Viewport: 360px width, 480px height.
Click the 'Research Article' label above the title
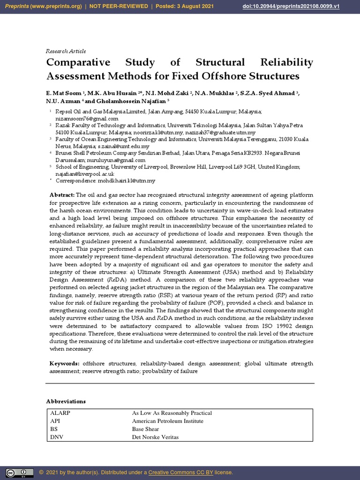point(66,51)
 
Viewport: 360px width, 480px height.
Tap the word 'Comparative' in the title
point(78,62)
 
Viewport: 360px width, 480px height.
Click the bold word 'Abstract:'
point(62,195)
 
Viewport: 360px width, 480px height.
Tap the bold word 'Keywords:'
point(65,364)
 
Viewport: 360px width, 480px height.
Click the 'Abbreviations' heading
point(66,401)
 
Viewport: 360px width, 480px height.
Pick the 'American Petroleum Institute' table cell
point(167,421)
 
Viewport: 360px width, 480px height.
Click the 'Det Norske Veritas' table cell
point(155,437)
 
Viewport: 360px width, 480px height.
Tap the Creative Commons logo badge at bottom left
point(19,472)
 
